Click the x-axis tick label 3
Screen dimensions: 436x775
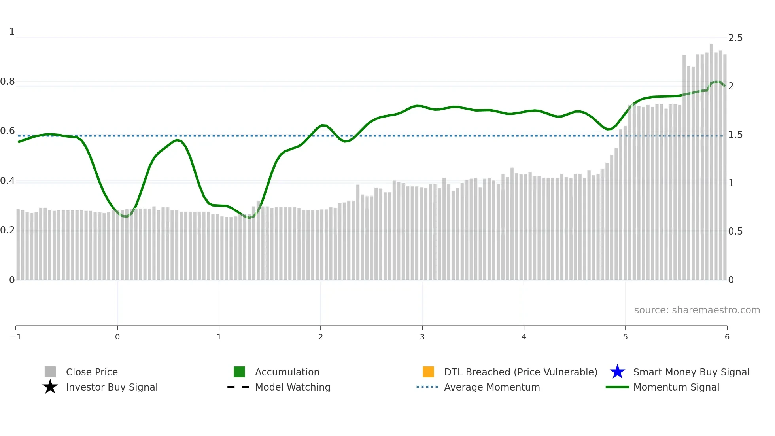click(x=422, y=337)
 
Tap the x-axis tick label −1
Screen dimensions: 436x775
click(x=16, y=337)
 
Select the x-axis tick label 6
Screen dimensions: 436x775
click(x=727, y=337)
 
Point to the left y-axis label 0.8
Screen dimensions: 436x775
click(x=8, y=82)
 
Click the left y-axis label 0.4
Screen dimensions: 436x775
click(x=8, y=181)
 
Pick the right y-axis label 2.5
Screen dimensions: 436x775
click(x=735, y=38)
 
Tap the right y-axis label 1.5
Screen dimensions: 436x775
click(x=735, y=135)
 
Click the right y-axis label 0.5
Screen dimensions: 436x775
click(x=735, y=231)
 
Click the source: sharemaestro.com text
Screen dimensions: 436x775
click(x=697, y=310)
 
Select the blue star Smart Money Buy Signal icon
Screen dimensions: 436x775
click(x=617, y=372)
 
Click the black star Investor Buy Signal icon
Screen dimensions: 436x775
click(x=50, y=387)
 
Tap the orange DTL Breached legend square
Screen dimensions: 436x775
click(x=428, y=372)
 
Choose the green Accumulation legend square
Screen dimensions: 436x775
click(x=239, y=372)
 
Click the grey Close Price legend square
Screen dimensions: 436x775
click(x=50, y=372)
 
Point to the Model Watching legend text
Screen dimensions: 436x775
click(x=293, y=387)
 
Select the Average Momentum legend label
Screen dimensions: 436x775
click(x=492, y=387)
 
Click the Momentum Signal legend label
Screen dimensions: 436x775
click(x=676, y=387)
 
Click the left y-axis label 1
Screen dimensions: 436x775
click(x=12, y=32)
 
